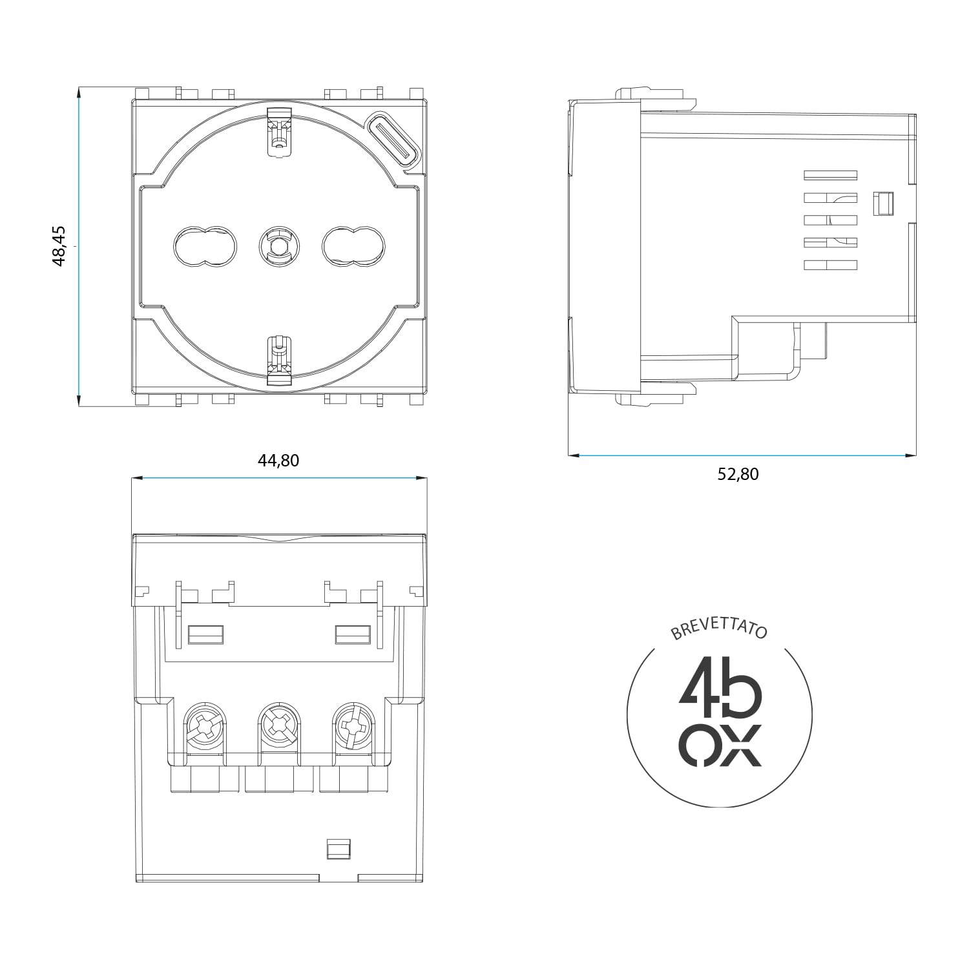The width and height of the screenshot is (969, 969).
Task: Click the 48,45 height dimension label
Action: tap(58, 246)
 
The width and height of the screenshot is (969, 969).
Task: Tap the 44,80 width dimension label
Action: tap(278, 461)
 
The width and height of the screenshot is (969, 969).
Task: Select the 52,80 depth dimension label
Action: tap(738, 475)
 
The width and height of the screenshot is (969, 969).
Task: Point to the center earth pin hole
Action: tap(280, 246)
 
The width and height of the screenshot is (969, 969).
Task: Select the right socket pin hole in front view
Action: tap(354, 246)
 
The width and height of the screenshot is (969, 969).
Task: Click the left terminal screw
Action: tap(205, 727)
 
